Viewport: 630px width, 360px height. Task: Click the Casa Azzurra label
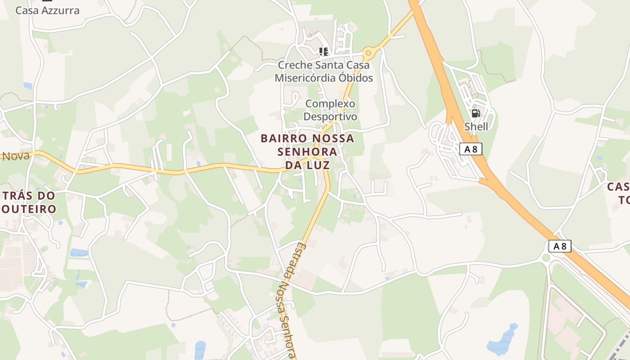pyautogui.click(x=47, y=10)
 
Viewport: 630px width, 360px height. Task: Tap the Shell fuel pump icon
pyautogui.click(x=476, y=113)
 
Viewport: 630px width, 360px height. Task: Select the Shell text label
pyautogui.click(x=476, y=126)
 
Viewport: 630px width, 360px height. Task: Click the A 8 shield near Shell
pyautogui.click(x=471, y=149)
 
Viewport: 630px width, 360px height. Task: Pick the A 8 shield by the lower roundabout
pyautogui.click(x=560, y=246)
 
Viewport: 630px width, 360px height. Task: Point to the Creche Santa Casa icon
pyautogui.click(x=323, y=52)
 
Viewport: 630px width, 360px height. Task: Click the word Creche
pyautogui.click(x=295, y=65)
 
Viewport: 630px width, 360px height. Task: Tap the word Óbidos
pyautogui.click(x=354, y=78)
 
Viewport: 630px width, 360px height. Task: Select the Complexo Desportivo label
pyautogui.click(x=330, y=110)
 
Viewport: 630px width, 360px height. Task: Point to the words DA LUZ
pyautogui.click(x=307, y=165)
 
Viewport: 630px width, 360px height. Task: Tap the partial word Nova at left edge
pyautogui.click(x=16, y=156)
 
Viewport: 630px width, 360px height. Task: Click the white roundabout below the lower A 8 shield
pyautogui.click(x=546, y=258)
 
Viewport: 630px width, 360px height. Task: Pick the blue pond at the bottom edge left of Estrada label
pyautogui.click(x=200, y=350)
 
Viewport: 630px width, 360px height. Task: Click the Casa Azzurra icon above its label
pyautogui.click(x=47, y=1)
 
